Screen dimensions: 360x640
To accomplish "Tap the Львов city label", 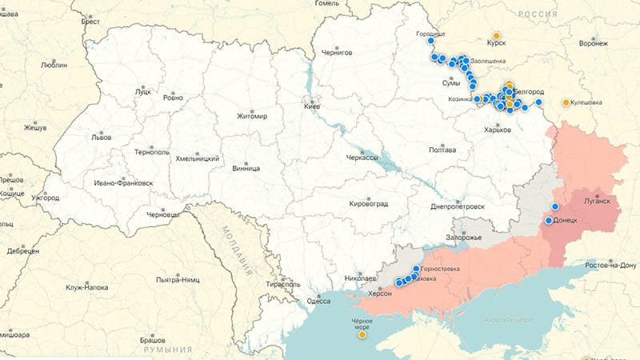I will point(101,138).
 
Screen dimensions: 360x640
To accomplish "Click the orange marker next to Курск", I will point(497,36).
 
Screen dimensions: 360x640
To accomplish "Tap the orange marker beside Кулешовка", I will point(566,102).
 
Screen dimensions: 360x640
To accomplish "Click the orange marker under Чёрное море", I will point(362,334).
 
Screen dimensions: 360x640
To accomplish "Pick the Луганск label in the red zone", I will point(597,201).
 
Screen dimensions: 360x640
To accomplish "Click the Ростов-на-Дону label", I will point(611,264).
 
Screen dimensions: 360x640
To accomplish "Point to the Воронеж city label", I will point(593,44).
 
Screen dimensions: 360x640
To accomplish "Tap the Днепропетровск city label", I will point(458,206).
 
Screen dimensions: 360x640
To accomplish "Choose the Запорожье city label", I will point(464,238).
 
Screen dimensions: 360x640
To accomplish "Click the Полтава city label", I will point(442,150).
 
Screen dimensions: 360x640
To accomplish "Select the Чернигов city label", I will point(336,52).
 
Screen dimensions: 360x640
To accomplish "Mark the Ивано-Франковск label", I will point(122,183).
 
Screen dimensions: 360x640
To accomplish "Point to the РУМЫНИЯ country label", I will point(169,350).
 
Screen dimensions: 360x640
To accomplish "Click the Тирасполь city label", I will point(282,284).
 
